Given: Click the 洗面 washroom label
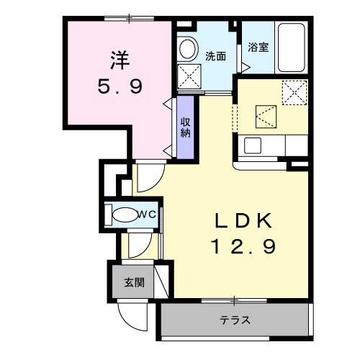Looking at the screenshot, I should click(x=216, y=55).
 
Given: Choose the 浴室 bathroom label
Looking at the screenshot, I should click(x=258, y=48).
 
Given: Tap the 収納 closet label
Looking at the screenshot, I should click(x=186, y=126).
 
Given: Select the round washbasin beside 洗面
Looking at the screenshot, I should click(x=188, y=49).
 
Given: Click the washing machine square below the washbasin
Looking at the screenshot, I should click(x=189, y=76).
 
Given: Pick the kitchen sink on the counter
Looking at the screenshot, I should click(x=253, y=145).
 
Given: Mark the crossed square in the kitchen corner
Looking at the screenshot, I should click(x=294, y=91).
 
